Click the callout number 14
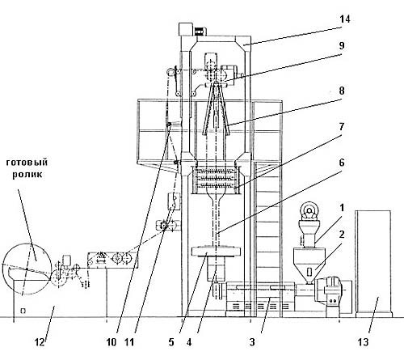(x=344, y=19)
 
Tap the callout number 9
(x=342, y=45)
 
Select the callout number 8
(x=342, y=91)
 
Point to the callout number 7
(x=342, y=127)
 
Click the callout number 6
(x=342, y=163)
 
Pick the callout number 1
(x=342, y=208)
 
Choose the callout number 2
(x=342, y=235)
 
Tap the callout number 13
(x=363, y=342)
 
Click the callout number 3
(x=252, y=342)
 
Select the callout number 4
(x=189, y=342)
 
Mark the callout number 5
(x=171, y=342)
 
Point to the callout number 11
(x=129, y=342)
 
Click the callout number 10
(x=112, y=342)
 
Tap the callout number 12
(x=40, y=342)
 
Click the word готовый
(x=27, y=163)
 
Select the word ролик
(x=27, y=174)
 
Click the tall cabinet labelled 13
(x=373, y=264)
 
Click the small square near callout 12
(x=23, y=311)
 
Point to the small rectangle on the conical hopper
(x=309, y=272)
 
